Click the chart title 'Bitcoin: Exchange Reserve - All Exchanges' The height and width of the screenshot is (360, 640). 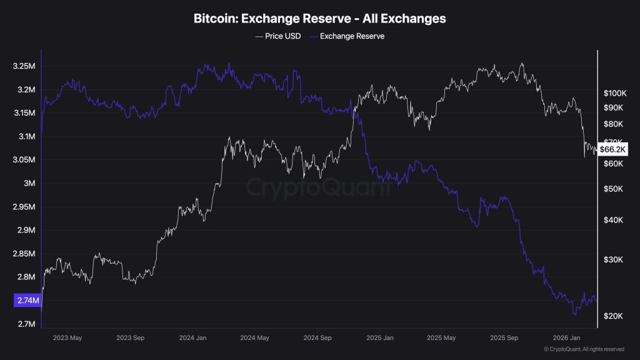[320, 19]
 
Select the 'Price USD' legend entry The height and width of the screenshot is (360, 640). [278, 36]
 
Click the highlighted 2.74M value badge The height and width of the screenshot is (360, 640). [27, 301]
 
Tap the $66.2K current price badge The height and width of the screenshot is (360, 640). [612, 149]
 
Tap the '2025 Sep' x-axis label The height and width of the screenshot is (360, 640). [503, 337]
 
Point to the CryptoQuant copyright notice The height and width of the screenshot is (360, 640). [584, 349]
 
